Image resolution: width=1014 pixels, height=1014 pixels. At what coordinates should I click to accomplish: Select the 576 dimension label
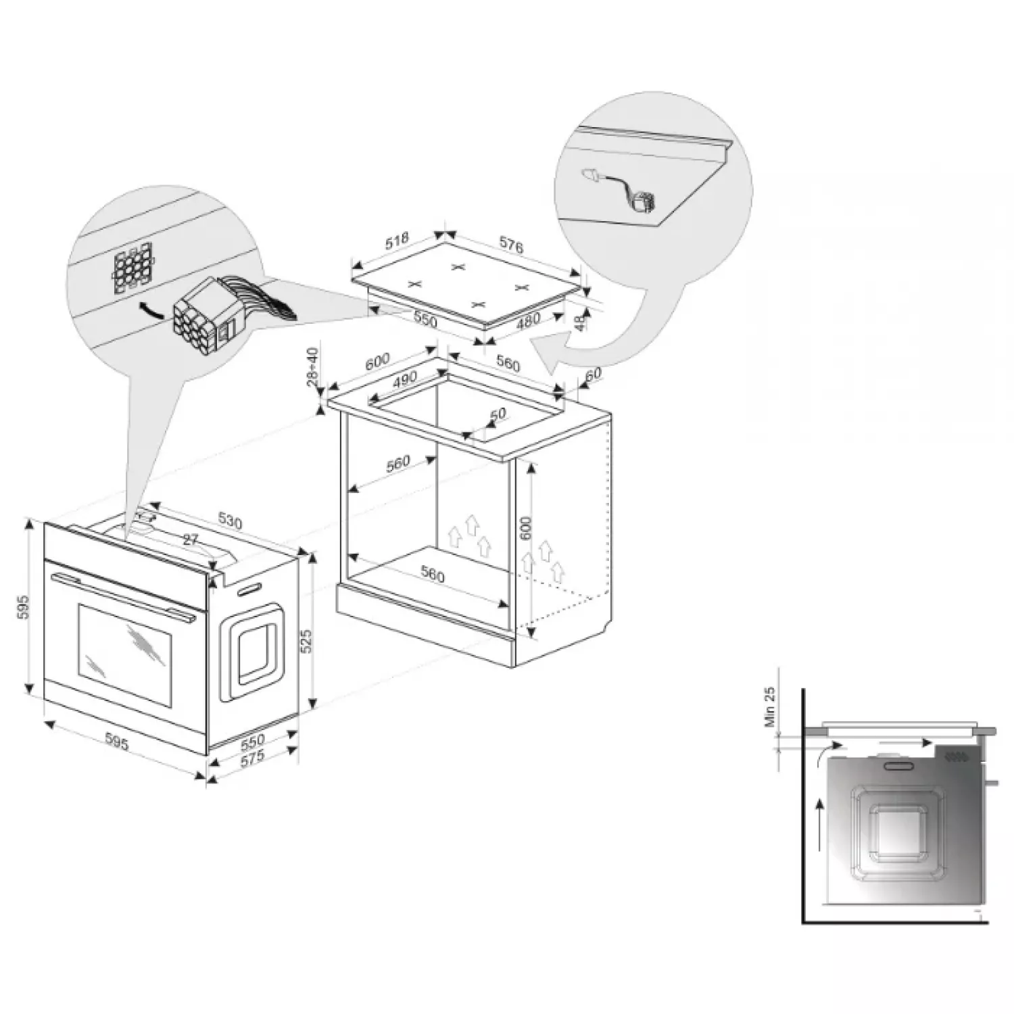pos(510,246)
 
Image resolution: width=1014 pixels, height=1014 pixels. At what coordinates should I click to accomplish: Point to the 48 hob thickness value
pos(579,321)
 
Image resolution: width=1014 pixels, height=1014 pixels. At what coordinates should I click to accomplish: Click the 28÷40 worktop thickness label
pos(312,367)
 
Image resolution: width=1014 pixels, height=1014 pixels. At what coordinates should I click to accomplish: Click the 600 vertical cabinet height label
pos(527,528)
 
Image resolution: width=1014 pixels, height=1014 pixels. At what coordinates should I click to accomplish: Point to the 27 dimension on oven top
pos(191,539)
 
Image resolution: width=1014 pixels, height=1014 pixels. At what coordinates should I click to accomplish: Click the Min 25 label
pos(770,706)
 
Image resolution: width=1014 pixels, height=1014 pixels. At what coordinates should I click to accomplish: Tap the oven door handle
pos(122,595)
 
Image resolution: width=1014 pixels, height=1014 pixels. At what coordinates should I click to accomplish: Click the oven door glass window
pos(125,656)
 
